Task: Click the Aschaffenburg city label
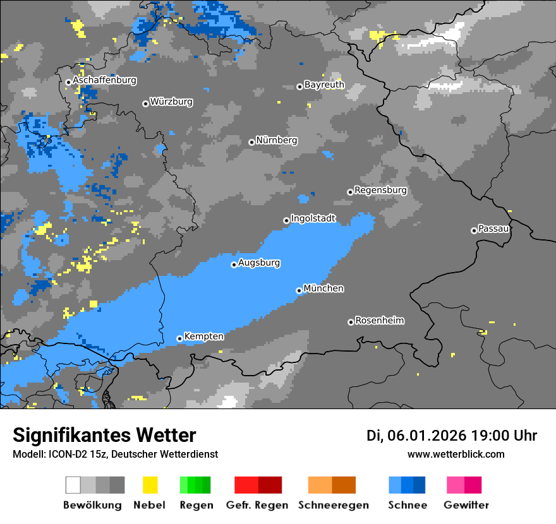click(x=104, y=81)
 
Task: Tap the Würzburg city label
click(x=171, y=102)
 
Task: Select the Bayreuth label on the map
click(x=324, y=85)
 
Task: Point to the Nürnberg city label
click(x=276, y=140)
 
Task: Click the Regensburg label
click(x=380, y=190)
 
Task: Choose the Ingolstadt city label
click(x=313, y=218)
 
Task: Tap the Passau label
click(x=493, y=229)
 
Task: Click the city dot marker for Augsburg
click(x=234, y=265)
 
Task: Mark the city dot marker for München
click(x=299, y=290)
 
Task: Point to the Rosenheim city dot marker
click(x=351, y=322)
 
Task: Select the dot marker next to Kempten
click(x=179, y=338)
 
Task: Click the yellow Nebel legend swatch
click(x=150, y=485)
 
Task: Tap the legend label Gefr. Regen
click(x=257, y=505)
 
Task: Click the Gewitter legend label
click(x=466, y=505)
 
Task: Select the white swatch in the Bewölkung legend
click(x=73, y=485)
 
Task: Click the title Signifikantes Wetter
click(x=104, y=436)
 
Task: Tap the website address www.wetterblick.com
click(x=456, y=454)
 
